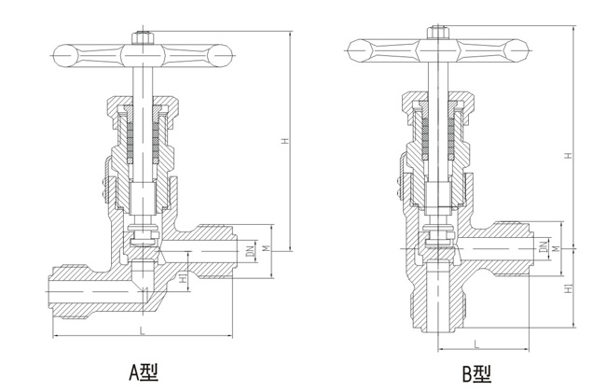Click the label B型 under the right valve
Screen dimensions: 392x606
tap(475, 373)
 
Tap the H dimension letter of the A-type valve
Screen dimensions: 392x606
tap(284, 142)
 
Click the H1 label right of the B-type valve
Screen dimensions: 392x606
tap(568, 290)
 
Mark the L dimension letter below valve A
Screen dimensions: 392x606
tap(141, 329)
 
